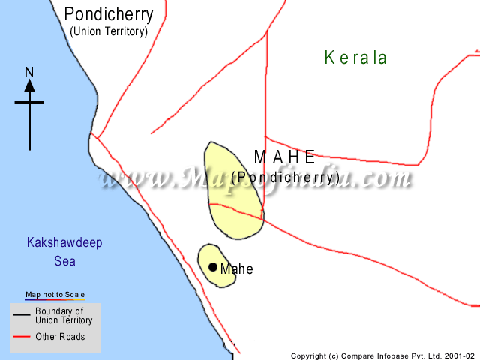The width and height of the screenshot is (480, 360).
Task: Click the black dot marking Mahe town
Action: (x=213, y=267)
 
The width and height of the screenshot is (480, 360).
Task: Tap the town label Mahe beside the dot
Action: (x=237, y=269)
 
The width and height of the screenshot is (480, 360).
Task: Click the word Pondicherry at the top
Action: (x=109, y=13)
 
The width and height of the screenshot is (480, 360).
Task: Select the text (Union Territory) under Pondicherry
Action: (x=109, y=31)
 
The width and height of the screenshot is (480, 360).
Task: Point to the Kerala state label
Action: (x=355, y=58)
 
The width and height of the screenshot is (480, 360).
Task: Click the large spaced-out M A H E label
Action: (x=285, y=157)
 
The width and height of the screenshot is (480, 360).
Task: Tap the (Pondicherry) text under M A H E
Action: (x=286, y=177)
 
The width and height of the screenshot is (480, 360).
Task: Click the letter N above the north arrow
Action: (x=29, y=72)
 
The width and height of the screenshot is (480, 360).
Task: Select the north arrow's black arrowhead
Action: (x=29, y=85)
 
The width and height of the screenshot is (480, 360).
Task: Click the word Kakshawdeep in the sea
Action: (x=64, y=243)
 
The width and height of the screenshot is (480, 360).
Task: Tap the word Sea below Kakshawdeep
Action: (x=64, y=262)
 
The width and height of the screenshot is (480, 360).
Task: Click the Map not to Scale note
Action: (x=55, y=295)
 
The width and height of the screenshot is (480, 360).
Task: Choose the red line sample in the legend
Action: (x=22, y=337)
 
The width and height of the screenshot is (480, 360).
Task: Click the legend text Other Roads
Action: (x=60, y=337)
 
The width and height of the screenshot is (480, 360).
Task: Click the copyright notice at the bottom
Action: (x=382, y=355)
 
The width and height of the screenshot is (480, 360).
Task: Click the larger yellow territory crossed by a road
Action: (x=232, y=191)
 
